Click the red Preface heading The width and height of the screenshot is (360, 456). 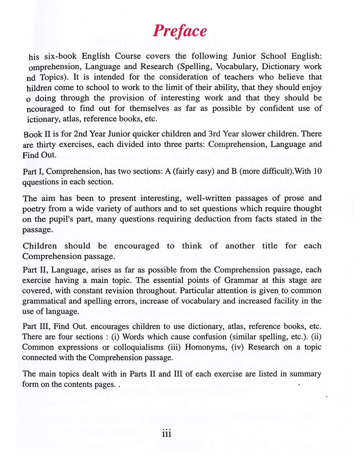pos(180,31)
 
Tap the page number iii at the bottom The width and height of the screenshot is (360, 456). pos(166,434)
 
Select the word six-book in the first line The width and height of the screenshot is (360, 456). pos(59,56)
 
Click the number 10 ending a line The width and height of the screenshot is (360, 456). pos(317,171)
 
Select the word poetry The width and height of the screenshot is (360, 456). pos(34,209)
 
